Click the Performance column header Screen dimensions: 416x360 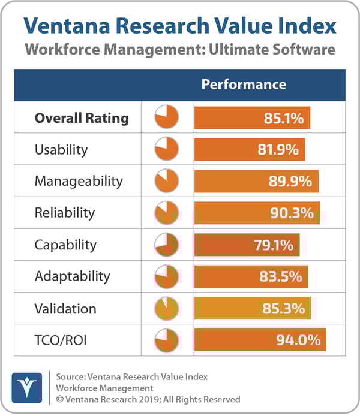(x=244, y=85)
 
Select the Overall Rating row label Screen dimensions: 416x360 (x=82, y=118)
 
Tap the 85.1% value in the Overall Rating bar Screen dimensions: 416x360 (x=283, y=118)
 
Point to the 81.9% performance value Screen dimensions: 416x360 (x=278, y=150)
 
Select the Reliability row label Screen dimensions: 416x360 (x=65, y=213)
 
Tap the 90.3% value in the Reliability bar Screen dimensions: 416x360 (x=293, y=213)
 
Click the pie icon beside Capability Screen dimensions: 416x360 (x=167, y=245)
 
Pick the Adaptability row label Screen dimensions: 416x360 (x=72, y=276)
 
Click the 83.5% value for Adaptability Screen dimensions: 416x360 (x=281, y=277)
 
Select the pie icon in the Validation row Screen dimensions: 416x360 (x=167, y=308)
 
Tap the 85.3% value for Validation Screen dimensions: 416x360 (x=284, y=309)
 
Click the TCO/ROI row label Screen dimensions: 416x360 (x=61, y=340)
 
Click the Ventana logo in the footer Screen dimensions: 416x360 (x=26, y=388)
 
